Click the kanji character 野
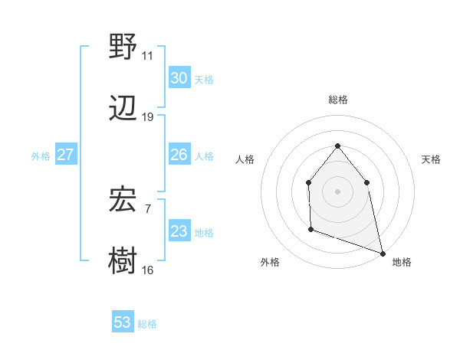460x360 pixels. click(123, 47)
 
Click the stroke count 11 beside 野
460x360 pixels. click(147, 56)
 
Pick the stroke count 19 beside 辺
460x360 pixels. click(147, 116)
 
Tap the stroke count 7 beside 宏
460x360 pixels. click(147, 208)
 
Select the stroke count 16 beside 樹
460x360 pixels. click(147, 270)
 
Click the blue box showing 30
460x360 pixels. click(179, 78)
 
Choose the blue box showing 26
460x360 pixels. click(179, 155)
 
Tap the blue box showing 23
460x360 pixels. click(179, 231)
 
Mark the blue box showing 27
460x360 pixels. click(65, 155)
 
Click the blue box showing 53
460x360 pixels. click(123, 322)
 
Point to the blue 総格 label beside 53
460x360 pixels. click(148, 324)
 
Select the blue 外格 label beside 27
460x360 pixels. click(41, 156)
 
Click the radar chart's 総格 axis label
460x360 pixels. click(337, 100)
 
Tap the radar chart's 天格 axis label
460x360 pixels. click(432, 159)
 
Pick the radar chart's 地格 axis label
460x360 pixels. click(402, 262)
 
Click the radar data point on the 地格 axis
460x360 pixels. click(382, 252)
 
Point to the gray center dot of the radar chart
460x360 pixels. click(337, 191)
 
